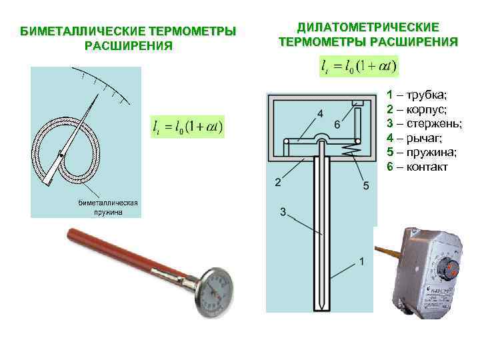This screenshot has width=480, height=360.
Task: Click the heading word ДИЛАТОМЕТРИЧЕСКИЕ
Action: tap(368, 27)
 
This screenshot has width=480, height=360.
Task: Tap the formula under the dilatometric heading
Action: tap(359, 66)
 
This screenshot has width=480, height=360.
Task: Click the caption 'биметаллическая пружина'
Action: tap(107, 207)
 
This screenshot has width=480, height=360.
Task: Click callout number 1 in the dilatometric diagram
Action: tap(361, 261)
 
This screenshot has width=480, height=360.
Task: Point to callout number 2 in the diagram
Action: tap(277, 182)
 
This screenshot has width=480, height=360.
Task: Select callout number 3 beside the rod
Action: tap(283, 212)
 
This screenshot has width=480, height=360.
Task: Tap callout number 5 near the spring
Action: tap(366, 186)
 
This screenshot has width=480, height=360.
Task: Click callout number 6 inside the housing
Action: tap(337, 125)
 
